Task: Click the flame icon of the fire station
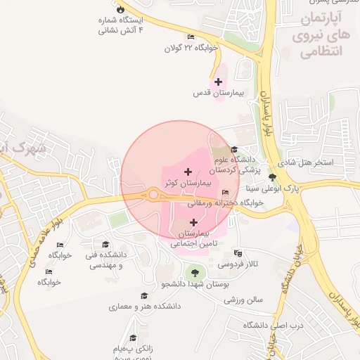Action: tap(120, 9)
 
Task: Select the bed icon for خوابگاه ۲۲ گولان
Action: tap(191, 37)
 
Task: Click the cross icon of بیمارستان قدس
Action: tap(219, 82)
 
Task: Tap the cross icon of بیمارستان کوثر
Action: tap(187, 172)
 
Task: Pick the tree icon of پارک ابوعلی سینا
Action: tap(272, 178)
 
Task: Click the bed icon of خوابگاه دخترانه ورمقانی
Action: tap(225, 193)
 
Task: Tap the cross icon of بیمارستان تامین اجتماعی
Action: tap(193, 222)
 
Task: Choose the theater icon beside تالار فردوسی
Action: tap(238, 253)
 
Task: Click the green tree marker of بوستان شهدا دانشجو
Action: tap(193, 273)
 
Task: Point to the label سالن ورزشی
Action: tap(243, 300)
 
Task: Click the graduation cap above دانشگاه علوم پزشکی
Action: tap(234, 149)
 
